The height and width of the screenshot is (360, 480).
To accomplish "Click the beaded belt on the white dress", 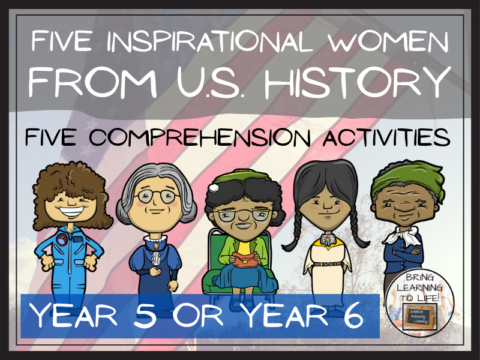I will (325, 262).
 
